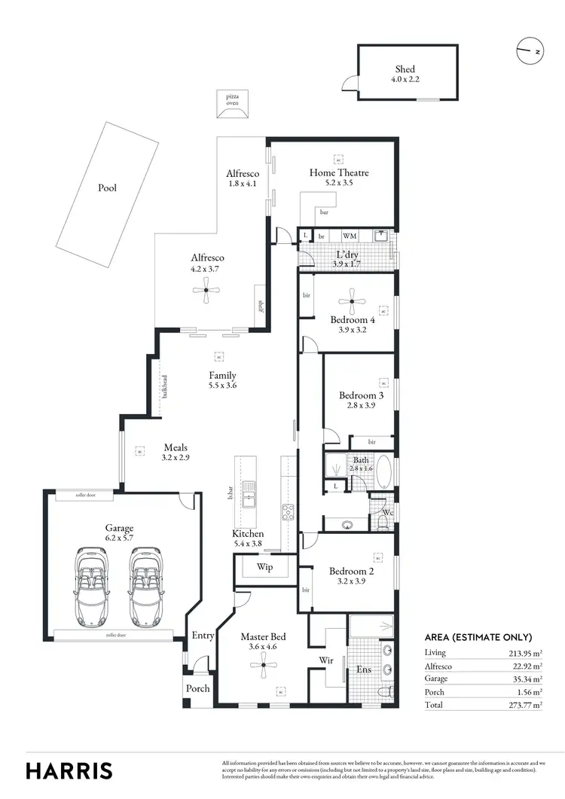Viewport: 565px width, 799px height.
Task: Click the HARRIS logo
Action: pyautogui.click(x=69, y=770)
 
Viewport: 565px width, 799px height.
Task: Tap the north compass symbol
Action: pyautogui.click(x=528, y=52)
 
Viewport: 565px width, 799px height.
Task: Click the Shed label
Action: pyautogui.click(x=405, y=69)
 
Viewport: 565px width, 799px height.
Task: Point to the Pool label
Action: pyautogui.click(x=108, y=188)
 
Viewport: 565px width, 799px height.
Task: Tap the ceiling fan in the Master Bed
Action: pyautogui.click(x=263, y=660)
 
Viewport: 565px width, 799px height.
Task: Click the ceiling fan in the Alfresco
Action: pyautogui.click(x=206, y=290)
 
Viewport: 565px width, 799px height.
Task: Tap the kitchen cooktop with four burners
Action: pyautogui.click(x=287, y=512)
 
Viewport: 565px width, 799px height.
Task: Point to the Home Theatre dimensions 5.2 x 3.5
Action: pyautogui.click(x=339, y=183)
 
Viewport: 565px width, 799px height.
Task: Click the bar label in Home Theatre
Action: pyautogui.click(x=324, y=212)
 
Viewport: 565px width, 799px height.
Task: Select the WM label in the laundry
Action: pyautogui.click(x=350, y=236)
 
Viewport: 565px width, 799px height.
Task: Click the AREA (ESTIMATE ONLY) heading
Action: pyautogui.click(x=478, y=637)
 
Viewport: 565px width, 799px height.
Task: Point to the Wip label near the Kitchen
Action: pyautogui.click(x=264, y=567)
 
